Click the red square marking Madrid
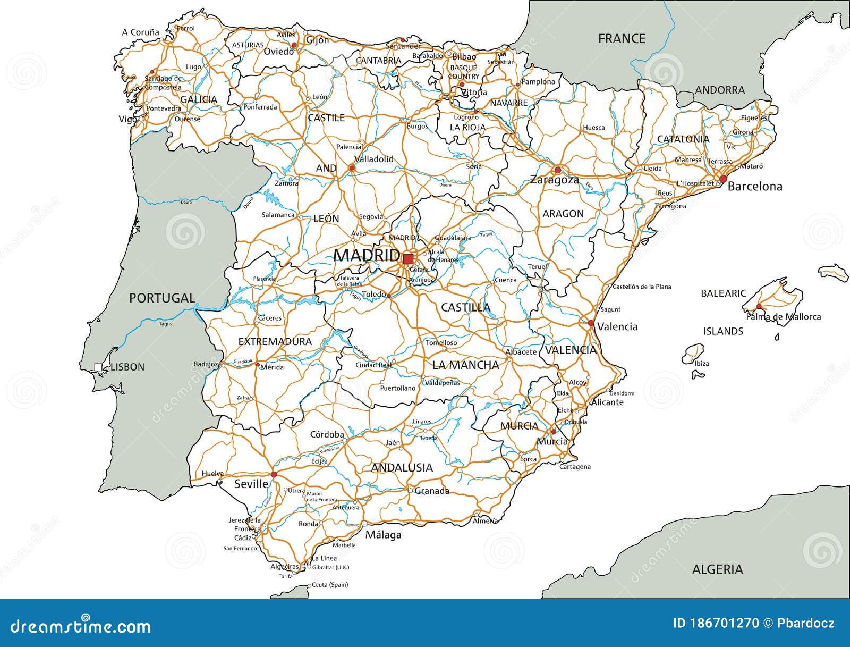[408, 259]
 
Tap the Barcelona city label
[755, 187]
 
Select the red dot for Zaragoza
[557, 170]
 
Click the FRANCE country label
[622, 39]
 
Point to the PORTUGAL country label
[162, 298]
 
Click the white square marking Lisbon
[98, 366]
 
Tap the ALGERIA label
[717, 569]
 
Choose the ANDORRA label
[720, 90]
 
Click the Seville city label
[251, 484]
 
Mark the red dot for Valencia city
[591, 323]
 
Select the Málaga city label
[383, 535]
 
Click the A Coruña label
[140, 32]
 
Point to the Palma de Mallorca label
[784, 317]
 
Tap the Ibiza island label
[702, 363]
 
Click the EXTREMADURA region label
[275, 341]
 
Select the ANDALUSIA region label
[402, 468]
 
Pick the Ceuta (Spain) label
[329, 585]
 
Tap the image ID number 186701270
[716, 623]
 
